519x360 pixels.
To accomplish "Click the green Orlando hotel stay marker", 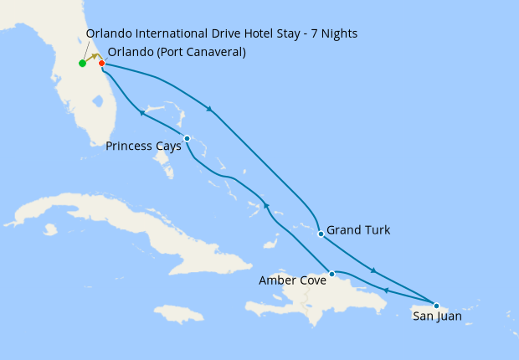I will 82,63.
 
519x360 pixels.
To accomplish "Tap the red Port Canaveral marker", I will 101,63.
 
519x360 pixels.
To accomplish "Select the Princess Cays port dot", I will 187,138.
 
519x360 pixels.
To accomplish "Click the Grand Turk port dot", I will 321,234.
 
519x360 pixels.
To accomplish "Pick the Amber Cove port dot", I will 332,274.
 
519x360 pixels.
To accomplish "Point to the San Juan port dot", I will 436,306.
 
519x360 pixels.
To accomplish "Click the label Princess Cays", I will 143,147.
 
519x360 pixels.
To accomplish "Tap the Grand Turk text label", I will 358,230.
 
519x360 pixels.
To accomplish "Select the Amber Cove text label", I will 293,280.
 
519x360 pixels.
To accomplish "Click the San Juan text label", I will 436,316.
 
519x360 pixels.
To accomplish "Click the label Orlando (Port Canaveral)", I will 177,52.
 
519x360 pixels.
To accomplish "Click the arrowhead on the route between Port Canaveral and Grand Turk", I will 209,108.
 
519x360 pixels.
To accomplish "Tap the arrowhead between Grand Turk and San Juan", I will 373,270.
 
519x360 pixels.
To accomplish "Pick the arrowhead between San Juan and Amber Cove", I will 386,291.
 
